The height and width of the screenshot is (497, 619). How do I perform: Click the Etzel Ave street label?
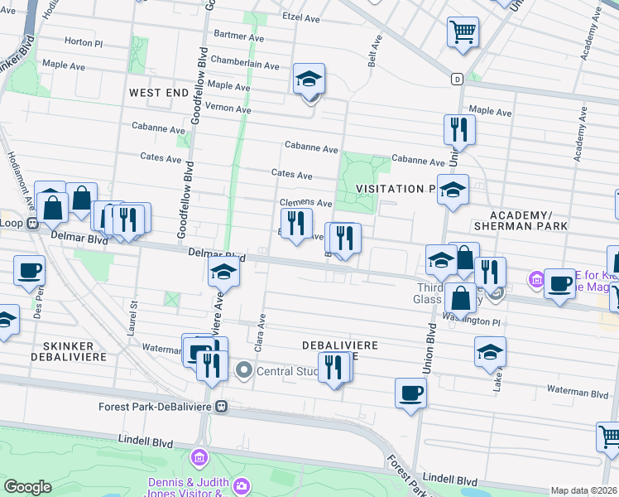(x=300, y=17)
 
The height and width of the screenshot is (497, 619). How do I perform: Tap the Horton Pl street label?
(x=82, y=41)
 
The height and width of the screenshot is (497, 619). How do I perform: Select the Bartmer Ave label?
(x=238, y=36)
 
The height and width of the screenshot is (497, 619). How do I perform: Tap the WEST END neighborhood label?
(x=159, y=93)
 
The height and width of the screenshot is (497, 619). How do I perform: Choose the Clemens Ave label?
(x=305, y=203)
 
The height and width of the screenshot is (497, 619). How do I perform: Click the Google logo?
(x=27, y=487)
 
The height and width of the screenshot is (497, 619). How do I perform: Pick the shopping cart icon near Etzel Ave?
(x=463, y=32)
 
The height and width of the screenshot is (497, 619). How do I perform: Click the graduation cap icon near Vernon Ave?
(x=309, y=79)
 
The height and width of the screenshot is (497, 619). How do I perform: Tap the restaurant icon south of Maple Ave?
(x=458, y=129)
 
